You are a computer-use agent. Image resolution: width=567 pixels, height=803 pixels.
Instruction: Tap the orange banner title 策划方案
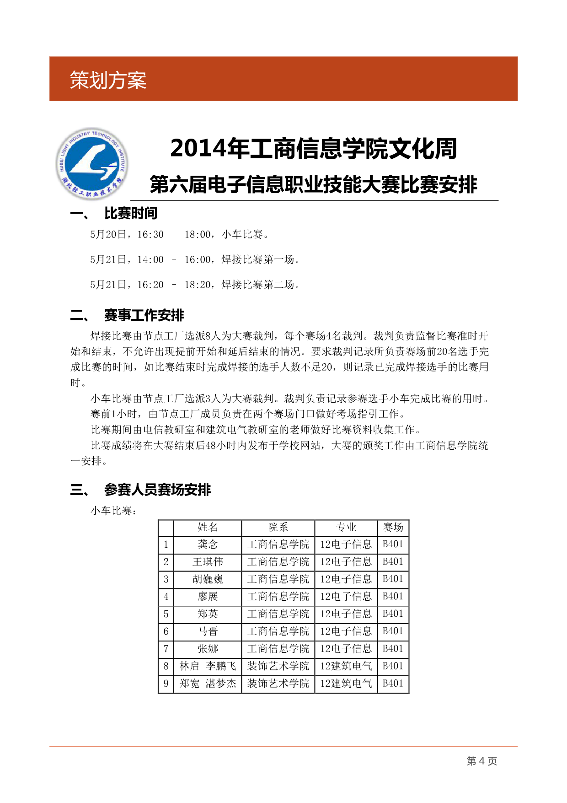(108, 81)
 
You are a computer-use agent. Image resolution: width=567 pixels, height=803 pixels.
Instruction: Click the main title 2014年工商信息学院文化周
(314, 149)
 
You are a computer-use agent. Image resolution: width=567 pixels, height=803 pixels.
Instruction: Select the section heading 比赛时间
(131, 214)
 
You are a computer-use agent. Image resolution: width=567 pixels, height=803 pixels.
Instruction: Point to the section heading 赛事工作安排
(144, 315)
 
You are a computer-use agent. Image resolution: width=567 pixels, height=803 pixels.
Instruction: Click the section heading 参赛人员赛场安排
(157, 490)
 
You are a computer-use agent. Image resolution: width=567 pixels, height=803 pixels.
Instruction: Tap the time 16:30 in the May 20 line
(150, 235)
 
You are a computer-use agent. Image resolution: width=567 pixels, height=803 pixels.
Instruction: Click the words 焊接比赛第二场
(258, 285)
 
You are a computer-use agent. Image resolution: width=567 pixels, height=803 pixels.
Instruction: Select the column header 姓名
(208, 528)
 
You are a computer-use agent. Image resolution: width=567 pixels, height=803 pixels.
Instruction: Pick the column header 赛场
(393, 528)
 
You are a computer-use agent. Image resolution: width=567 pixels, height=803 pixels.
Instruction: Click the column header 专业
(346, 528)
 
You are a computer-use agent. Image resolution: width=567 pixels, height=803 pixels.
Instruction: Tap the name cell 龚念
(208, 544)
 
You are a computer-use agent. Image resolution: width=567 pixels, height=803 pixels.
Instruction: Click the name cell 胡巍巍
(208, 579)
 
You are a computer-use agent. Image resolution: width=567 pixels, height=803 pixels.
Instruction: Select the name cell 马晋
(208, 631)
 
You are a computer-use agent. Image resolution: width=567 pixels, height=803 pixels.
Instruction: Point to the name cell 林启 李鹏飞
(208, 666)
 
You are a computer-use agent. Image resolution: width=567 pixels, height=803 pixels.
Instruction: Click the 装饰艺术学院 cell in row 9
(278, 684)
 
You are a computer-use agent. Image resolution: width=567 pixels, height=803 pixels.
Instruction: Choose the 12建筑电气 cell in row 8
(346, 666)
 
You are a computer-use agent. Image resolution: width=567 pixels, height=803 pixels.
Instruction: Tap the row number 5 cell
(166, 614)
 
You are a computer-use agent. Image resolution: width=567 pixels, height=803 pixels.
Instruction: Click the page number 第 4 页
(481, 761)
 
